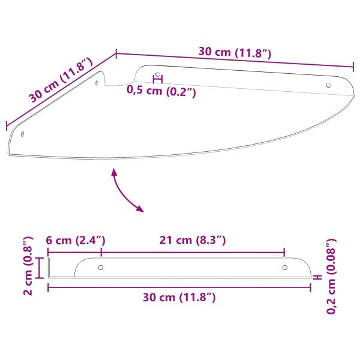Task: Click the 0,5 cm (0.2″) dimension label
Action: pos(161,91)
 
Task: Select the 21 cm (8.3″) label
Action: pos(193,241)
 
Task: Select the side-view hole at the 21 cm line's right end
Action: pos(285,267)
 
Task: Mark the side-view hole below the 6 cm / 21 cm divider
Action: pos(101,267)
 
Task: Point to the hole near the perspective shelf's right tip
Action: pos(328,85)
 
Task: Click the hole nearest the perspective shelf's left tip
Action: pos(23,134)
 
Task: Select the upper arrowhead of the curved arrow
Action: pos(113,172)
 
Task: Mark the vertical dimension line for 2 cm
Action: pos(40,268)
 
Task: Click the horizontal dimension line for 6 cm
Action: pos(74,251)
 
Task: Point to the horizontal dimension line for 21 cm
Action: pos(193,251)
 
